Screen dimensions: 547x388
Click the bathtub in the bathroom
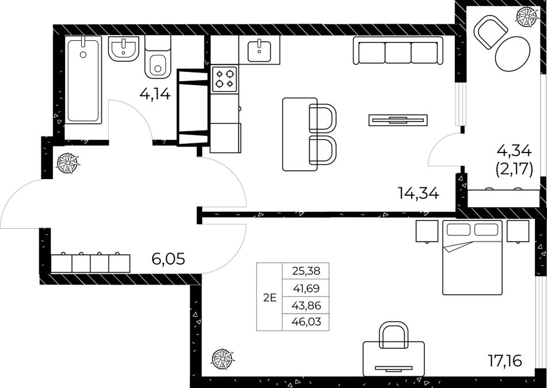tap(83, 79)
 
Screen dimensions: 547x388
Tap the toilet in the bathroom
tap(158, 58)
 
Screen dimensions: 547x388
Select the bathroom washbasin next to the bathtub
tap(124, 48)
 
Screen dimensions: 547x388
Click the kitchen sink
tap(259, 50)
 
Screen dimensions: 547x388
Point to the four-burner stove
tap(225, 79)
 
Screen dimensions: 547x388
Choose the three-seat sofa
tap(398, 51)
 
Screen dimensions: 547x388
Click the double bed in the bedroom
tap(472, 257)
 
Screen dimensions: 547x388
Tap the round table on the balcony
tap(512, 54)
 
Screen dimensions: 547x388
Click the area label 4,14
tap(155, 93)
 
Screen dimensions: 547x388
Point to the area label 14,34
tap(418, 193)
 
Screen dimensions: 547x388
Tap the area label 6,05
tap(168, 259)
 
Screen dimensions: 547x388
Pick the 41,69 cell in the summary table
tap(305, 288)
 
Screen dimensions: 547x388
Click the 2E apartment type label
tap(269, 298)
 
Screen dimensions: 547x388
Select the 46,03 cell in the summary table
tap(305, 322)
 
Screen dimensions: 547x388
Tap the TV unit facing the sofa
tap(398, 120)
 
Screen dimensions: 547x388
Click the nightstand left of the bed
tap(427, 231)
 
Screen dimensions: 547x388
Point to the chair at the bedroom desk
tap(393, 335)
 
